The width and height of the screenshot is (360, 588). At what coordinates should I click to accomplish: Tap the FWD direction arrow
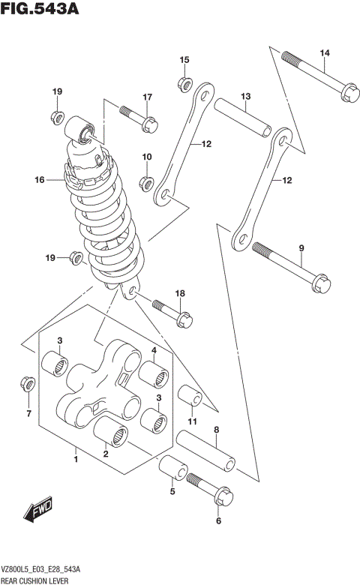[37, 512]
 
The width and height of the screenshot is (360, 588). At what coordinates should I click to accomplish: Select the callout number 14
[324, 52]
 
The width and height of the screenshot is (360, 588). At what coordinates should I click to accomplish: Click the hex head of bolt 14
[349, 94]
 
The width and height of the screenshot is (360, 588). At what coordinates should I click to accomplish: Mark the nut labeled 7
[28, 385]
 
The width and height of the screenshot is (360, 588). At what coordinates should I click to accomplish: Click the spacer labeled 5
[173, 469]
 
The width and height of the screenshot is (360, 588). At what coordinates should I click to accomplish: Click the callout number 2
[106, 452]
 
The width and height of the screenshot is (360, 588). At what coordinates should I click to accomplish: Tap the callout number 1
[76, 453]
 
